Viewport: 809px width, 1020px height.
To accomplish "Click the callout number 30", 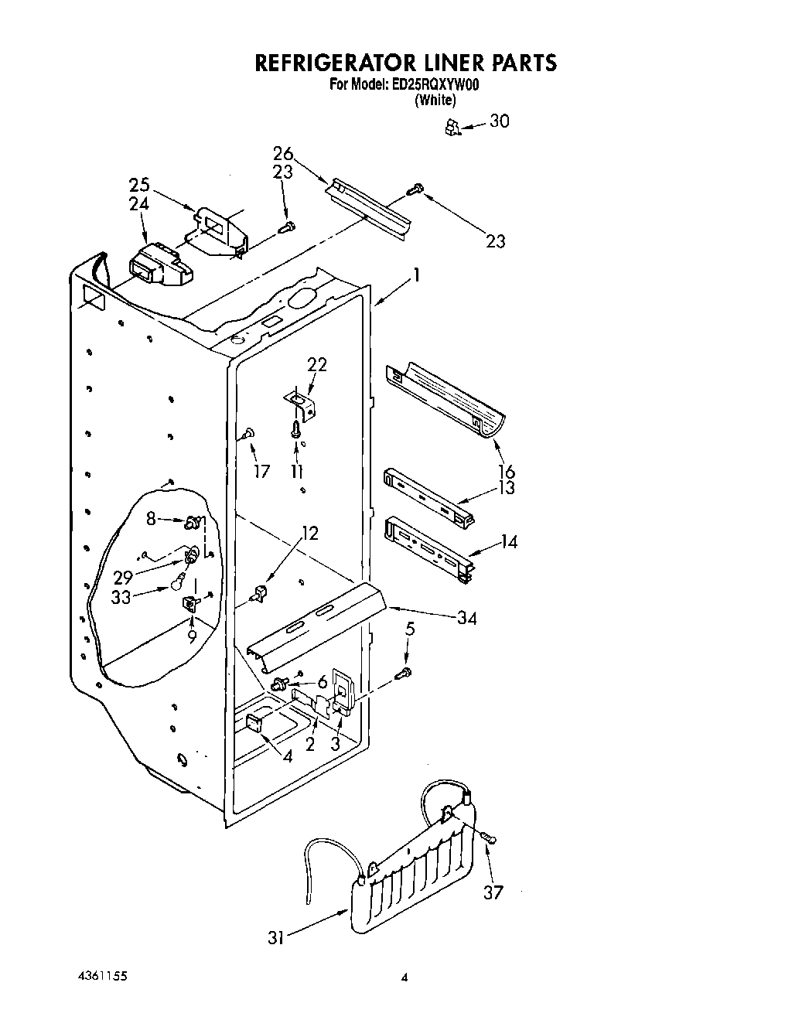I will [x=500, y=121].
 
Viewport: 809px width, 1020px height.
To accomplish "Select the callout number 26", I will [x=283, y=153].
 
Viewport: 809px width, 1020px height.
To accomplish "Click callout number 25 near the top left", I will [x=139, y=186].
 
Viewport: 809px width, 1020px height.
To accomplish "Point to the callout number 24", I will [x=139, y=204].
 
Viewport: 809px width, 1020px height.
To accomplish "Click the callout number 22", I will [x=317, y=364].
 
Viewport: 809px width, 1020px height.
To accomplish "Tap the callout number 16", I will [x=507, y=471].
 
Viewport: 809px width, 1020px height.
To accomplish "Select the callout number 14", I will [x=507, y=542].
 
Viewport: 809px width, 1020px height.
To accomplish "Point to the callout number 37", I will [x=493, y=892].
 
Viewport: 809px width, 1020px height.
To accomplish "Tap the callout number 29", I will [x=123, y=578].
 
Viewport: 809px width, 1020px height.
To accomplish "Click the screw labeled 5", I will [x=404, y=674].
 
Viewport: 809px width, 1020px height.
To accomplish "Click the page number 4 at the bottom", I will [x=403, y=977].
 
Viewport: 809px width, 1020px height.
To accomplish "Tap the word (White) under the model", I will [x=435, y=100].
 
